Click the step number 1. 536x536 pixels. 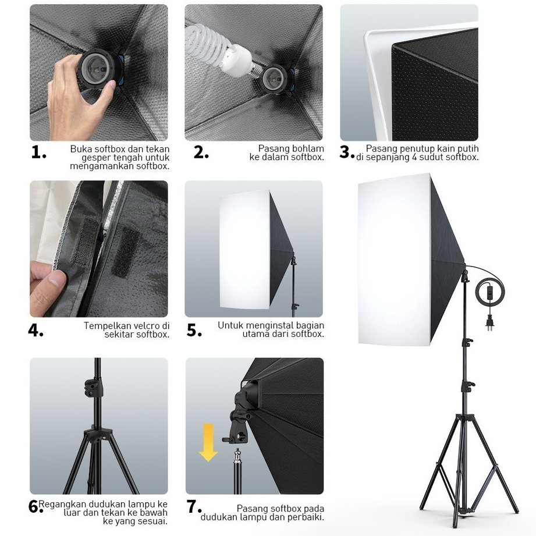(38, 152)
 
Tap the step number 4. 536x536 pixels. (36, 330)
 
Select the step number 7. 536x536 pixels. (194, 507)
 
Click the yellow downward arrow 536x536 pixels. (208, 442)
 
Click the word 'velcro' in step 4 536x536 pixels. (144, 326)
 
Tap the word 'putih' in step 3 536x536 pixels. (467, 149)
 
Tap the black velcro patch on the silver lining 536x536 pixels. (125, 251)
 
